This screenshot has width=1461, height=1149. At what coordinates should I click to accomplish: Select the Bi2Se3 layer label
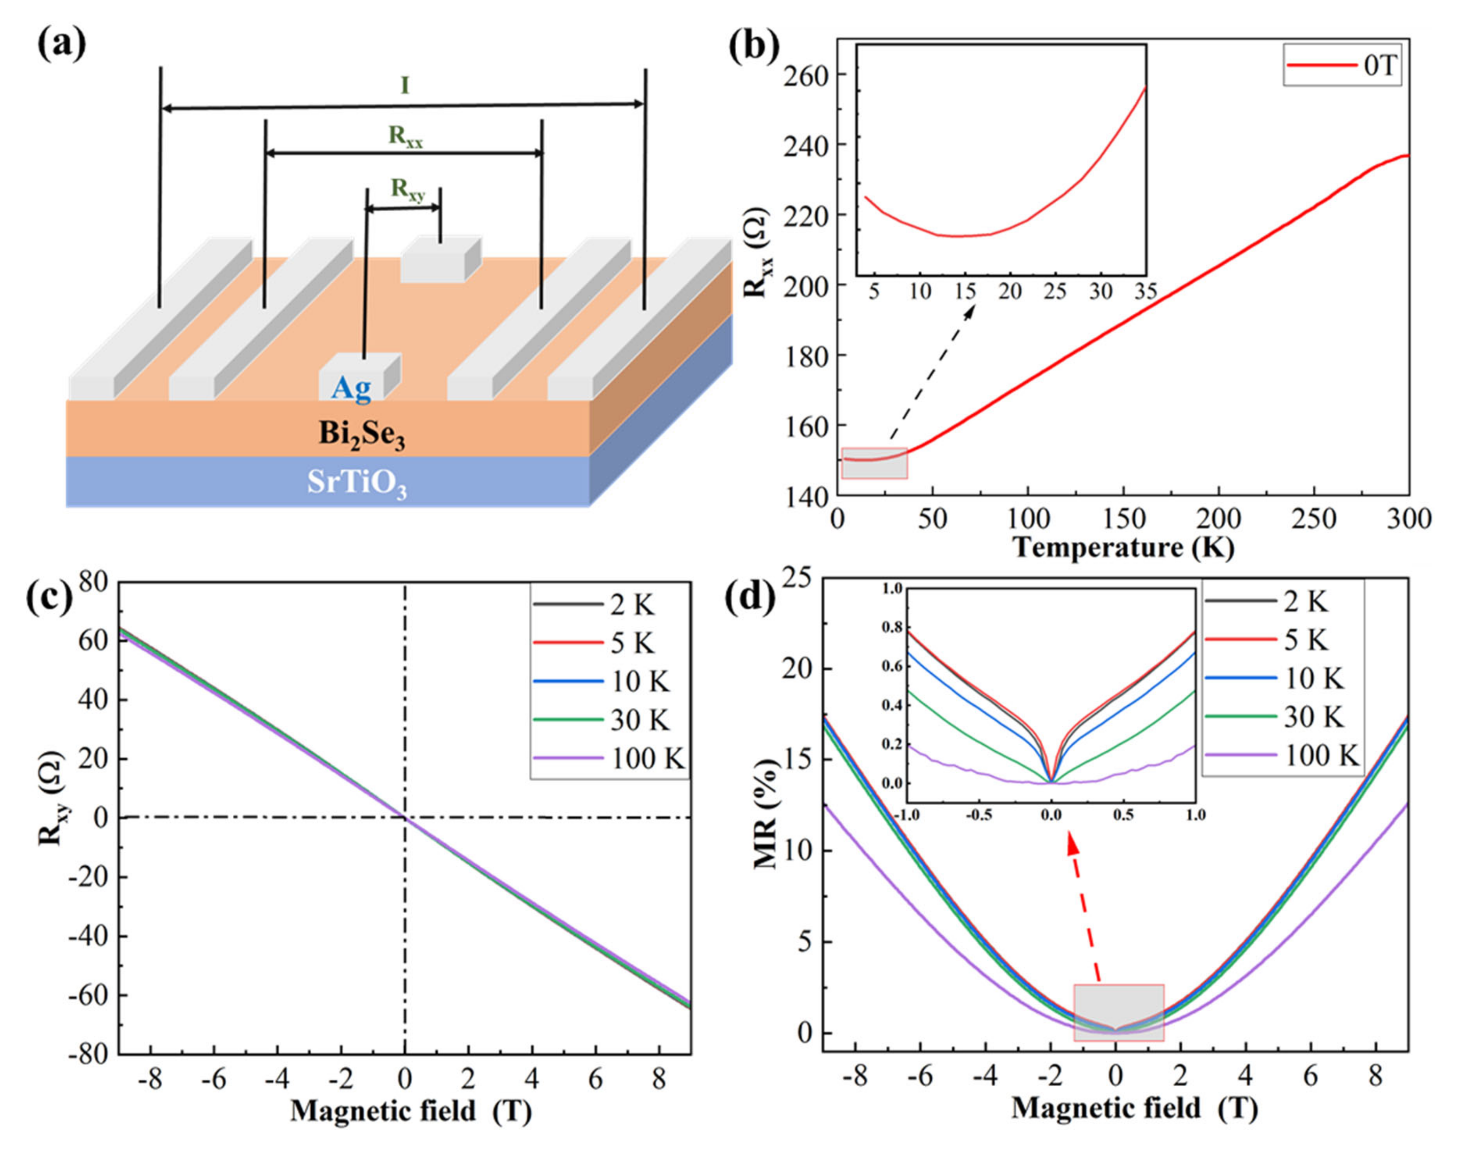(362, 435)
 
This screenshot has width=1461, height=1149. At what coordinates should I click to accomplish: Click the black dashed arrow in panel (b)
(933, 373)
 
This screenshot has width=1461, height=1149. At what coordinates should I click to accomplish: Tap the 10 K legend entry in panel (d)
(1314, 678)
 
